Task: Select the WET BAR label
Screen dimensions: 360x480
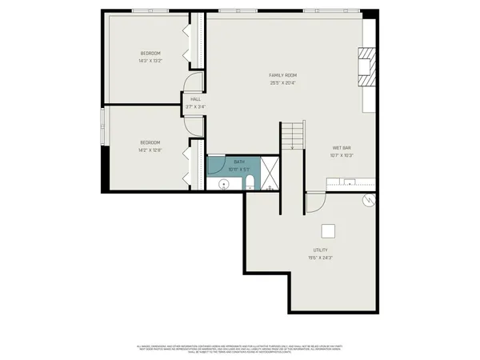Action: [x=342, y=148]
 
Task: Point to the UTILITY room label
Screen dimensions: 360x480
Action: [x=320, y=250]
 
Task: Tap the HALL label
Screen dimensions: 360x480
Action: [x=195, y=99]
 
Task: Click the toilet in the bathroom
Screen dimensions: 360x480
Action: [x=250, y=185]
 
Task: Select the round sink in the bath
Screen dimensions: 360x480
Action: [x=224, y=184]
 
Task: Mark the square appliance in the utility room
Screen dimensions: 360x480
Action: [x=328, y=231]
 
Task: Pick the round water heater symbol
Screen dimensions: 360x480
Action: [x=369, y=201]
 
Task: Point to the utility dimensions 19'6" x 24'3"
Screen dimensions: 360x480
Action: [x=320, y=258]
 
